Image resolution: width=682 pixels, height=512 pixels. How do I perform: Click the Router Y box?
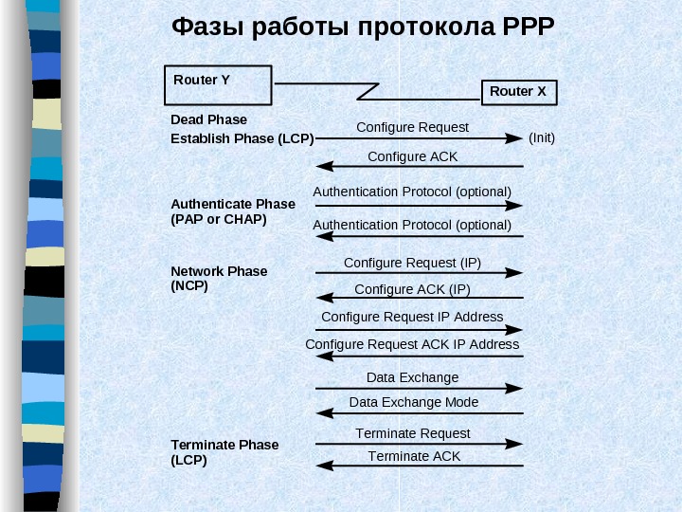(x=218, y=89)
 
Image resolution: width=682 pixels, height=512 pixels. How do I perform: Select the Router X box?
(x=519, y=92)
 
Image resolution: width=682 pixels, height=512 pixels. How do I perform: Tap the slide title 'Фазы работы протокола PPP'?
(x=362, y=26)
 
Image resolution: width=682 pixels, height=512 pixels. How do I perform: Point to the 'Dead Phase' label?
(x=208, y=119)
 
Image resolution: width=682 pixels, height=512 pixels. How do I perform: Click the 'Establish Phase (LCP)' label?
(x=242, y=138)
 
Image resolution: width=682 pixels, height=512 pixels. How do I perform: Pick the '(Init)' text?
(x=542, y=137)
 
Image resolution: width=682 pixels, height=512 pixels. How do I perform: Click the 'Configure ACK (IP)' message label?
(x=412, y=289)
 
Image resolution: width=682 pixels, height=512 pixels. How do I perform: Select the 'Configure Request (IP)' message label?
(x=412, y=262)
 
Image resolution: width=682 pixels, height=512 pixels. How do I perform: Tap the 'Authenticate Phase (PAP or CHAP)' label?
(x=232, y=211)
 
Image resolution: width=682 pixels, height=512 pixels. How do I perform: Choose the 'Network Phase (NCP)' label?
(x=219, y=278)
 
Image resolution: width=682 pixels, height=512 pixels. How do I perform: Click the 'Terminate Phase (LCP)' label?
(x=224, y=452)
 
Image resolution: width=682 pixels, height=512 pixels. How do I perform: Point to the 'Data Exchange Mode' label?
(x=414, y=402)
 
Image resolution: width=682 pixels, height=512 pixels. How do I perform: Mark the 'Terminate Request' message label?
(x=413, y=433)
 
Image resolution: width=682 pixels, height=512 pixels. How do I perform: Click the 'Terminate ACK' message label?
(x=414, y=456)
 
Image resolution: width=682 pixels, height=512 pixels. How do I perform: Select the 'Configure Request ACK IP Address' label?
(x=412, y=344)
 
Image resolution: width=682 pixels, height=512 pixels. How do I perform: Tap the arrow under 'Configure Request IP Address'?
(x=419, y=330)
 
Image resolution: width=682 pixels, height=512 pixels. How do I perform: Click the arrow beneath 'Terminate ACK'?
(x=419, y=466)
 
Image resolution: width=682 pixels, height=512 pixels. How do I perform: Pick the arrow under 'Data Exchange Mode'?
(x=419, y=412)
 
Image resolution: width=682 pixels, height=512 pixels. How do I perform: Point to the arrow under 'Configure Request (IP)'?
(x=419, y=273)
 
